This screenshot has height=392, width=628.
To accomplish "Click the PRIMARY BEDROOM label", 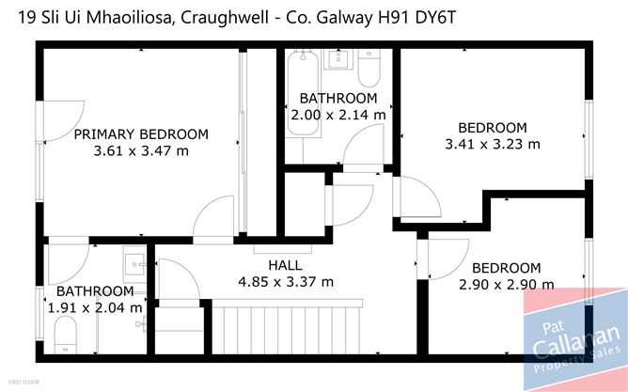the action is pyautogui.click(x=141, y=134).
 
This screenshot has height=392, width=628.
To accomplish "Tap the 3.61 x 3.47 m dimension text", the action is pyautogui.click(x=141, y=151).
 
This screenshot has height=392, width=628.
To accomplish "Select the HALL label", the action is pyautogui.click(x=285, y=265).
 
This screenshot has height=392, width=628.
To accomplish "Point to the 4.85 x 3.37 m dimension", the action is pyautogui.click(x=286, y=282).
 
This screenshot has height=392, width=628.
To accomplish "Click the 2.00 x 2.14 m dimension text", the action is pyautogui.click(x=338, y=116).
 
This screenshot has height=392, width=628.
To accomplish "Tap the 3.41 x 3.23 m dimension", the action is pyautogui.click(x=493, y=144).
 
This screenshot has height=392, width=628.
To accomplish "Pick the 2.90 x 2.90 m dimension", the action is pyautogui.click(x=507, y=285).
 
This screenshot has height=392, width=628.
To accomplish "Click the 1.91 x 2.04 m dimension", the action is pyautogui.click(x=95, y=308).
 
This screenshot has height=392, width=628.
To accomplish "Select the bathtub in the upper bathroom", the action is pyautogui.click(x=304, y=93).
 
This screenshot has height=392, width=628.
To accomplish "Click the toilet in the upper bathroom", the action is pyautogui.click(x=369, y=68).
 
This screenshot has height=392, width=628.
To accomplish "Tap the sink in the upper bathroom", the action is pyautogui.click(x=338, y=59).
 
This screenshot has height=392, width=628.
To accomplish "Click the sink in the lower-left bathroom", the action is pyautogui.click(x=134, y=264).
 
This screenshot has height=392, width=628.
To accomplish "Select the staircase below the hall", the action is pyautogui.click(x=286, y=326).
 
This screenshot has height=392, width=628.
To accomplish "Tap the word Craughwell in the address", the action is pyautogui.click(x=225, y=19).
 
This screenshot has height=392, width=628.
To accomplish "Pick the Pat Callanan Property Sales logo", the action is pyautogui.click(x=575, y=340).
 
